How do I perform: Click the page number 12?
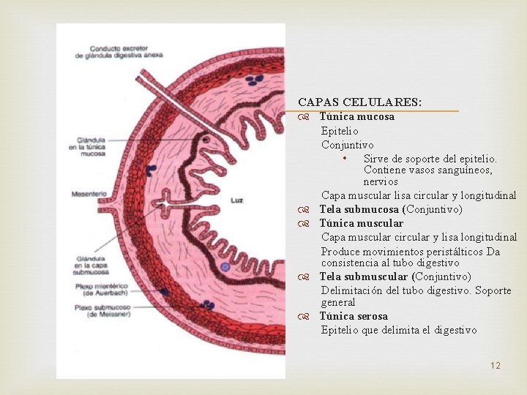point(496,365)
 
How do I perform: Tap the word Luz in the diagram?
point(236,200)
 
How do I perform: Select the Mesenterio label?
point(89,194)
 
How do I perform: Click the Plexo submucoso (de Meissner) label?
point(97,311)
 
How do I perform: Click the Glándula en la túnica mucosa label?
point(91,147)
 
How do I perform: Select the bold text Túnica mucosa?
point(356,116)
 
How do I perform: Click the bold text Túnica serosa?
point(354,316)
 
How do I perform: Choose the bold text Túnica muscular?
point(361,223)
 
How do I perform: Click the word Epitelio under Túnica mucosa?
point(340,131)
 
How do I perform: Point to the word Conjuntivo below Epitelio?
point(347,145)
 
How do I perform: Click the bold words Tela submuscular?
point(364,276)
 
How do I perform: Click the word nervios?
point(381,181)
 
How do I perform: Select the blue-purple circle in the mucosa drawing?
point(225,267)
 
